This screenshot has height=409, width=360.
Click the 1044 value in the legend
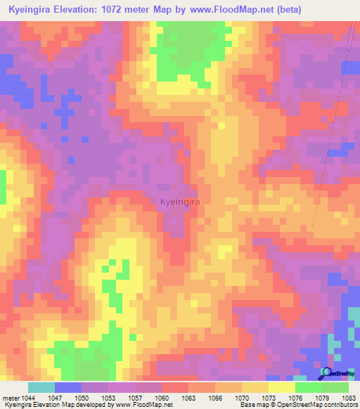(28, 398)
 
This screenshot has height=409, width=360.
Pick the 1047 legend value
(55, 398)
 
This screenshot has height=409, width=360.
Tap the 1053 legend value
(108, 398)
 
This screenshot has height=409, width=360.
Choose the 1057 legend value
(135, 398)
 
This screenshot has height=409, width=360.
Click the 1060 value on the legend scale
(162, 398)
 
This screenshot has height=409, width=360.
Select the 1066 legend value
(215, 398)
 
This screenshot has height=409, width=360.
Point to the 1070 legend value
(242, 398)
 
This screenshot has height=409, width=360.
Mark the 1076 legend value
(295, 398)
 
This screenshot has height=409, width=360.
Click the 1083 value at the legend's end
(349, 398)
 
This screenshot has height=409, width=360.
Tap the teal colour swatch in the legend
(41, 387)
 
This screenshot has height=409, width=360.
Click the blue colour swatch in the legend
(68, 387)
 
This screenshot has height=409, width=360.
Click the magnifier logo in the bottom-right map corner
(326, 372)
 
